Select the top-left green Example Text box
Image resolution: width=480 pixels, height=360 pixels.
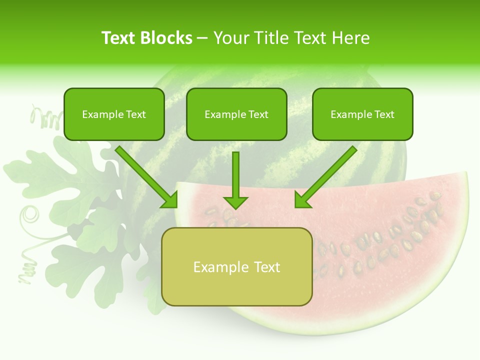[x=114, y=114]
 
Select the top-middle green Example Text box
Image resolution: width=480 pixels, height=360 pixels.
[x=236, y=114]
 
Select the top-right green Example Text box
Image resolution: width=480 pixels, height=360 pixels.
[x=362, y=114]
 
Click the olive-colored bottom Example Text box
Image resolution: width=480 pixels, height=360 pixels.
[x=237, y=267]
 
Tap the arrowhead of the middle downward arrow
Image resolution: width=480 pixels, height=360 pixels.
[x=235, y=202]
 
